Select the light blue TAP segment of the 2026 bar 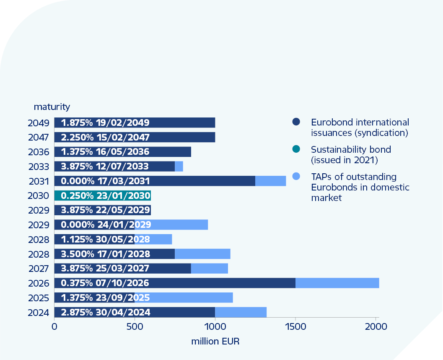click(x=337, y=283)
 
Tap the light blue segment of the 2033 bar click(x=179, y=167)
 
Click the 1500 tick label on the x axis click(x=295, y=326)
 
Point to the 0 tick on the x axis click(x=54, y=326)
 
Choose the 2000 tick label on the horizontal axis click(x=376, y=326)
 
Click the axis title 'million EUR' click(x=215, y=341)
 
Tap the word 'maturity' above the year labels click(x=52, y=107)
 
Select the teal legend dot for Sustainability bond click(x=296, y=149)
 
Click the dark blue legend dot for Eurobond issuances click(x=296, y=122)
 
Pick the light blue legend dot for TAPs click(x=296, y=177)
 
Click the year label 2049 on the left click(x=39, y=123)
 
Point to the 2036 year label click(x=39, y=152)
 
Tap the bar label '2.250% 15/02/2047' click(x=105, y=138)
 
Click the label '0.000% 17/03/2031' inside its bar click(x=105, y=181)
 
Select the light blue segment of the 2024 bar click(x=241, y=312)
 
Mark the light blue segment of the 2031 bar click(x=270, y=181)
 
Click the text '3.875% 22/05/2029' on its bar click(x=106, y=210)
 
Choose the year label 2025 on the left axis click(x=39, y=298)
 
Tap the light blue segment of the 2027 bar click(x=210, y=269)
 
